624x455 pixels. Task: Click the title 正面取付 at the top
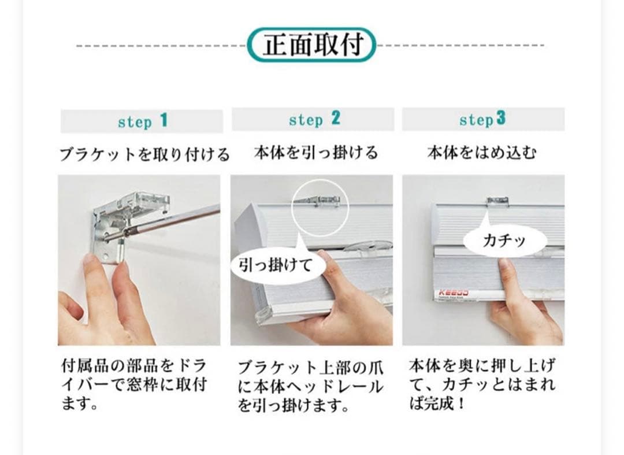point(312,45)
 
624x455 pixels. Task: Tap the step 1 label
point(142,121)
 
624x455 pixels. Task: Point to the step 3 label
point(482,119)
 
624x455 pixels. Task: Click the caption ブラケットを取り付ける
point(144,154)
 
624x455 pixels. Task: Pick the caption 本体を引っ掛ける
point(315,153)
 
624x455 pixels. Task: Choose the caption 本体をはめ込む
point(482,153)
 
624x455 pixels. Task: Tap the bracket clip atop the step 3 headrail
point(497,201)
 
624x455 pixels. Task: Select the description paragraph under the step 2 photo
point(310,386)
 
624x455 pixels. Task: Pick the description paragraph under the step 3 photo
point(482,384)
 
